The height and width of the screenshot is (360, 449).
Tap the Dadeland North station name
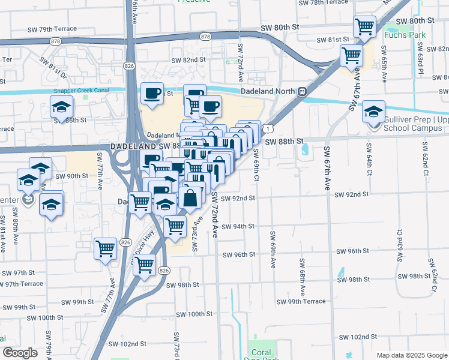268,91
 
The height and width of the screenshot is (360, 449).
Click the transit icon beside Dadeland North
303,92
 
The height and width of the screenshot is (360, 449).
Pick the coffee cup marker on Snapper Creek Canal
152,92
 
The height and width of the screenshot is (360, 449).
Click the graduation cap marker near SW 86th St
61,107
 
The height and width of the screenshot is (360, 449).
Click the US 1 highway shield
271,128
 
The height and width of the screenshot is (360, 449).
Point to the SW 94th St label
238,226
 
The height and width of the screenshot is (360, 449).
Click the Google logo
20,353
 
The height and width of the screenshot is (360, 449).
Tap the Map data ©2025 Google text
411,355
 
